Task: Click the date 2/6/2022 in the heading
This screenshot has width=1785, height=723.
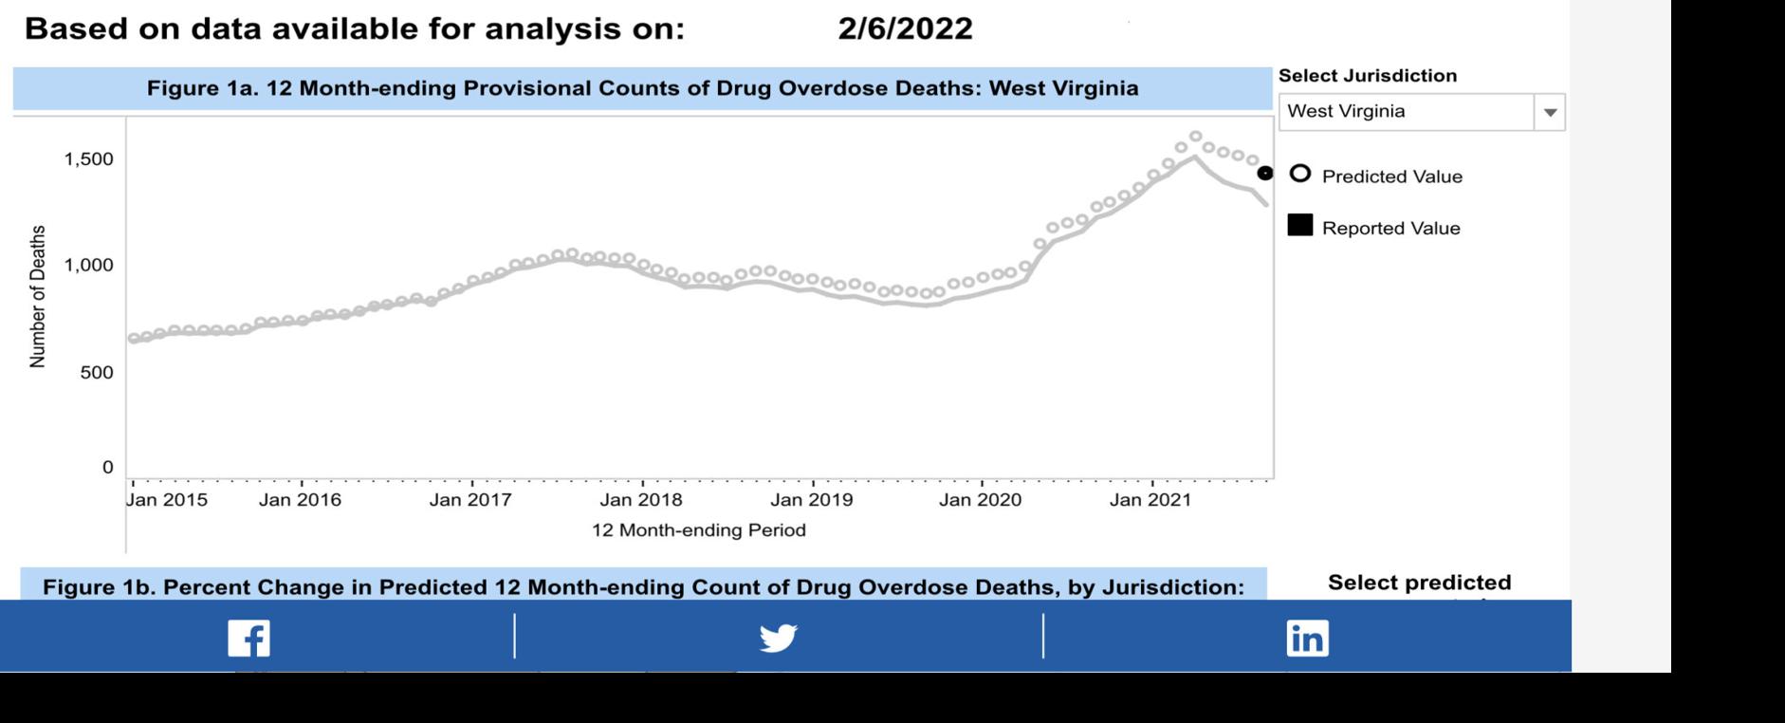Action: coord(905,28)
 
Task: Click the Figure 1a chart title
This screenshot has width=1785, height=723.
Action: coord(642,88)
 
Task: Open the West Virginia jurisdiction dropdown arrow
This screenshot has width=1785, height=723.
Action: coord(1550,112)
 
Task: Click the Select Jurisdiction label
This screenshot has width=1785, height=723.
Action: coord(1367,76)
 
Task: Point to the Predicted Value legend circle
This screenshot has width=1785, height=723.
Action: coord(1300,174)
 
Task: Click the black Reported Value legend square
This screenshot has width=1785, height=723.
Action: coord(1300,225)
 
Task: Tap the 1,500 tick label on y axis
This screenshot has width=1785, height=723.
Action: coord(88,159)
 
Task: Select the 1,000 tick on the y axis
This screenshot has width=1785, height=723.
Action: coord(88,265)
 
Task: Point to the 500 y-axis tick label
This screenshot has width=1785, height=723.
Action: coord(96,373)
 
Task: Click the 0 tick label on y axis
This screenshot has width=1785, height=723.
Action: coord(107,467)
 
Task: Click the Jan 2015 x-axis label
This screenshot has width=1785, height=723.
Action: coord(167,500)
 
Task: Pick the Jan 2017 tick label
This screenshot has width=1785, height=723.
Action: coord(470,500)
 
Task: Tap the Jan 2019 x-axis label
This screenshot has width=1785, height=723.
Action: coord(811,500)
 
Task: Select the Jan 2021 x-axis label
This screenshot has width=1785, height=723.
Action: coord(1150,500)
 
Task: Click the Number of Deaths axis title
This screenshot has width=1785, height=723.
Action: coord(38,296)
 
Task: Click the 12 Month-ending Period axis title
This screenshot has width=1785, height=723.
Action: coord(698,530)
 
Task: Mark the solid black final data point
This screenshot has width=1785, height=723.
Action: coord(1265,173)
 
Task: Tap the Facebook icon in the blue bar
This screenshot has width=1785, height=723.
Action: coord(248,638)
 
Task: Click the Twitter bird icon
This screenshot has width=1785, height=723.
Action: coord(778,638)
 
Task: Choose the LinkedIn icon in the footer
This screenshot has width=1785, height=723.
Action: coord(1307,638)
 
